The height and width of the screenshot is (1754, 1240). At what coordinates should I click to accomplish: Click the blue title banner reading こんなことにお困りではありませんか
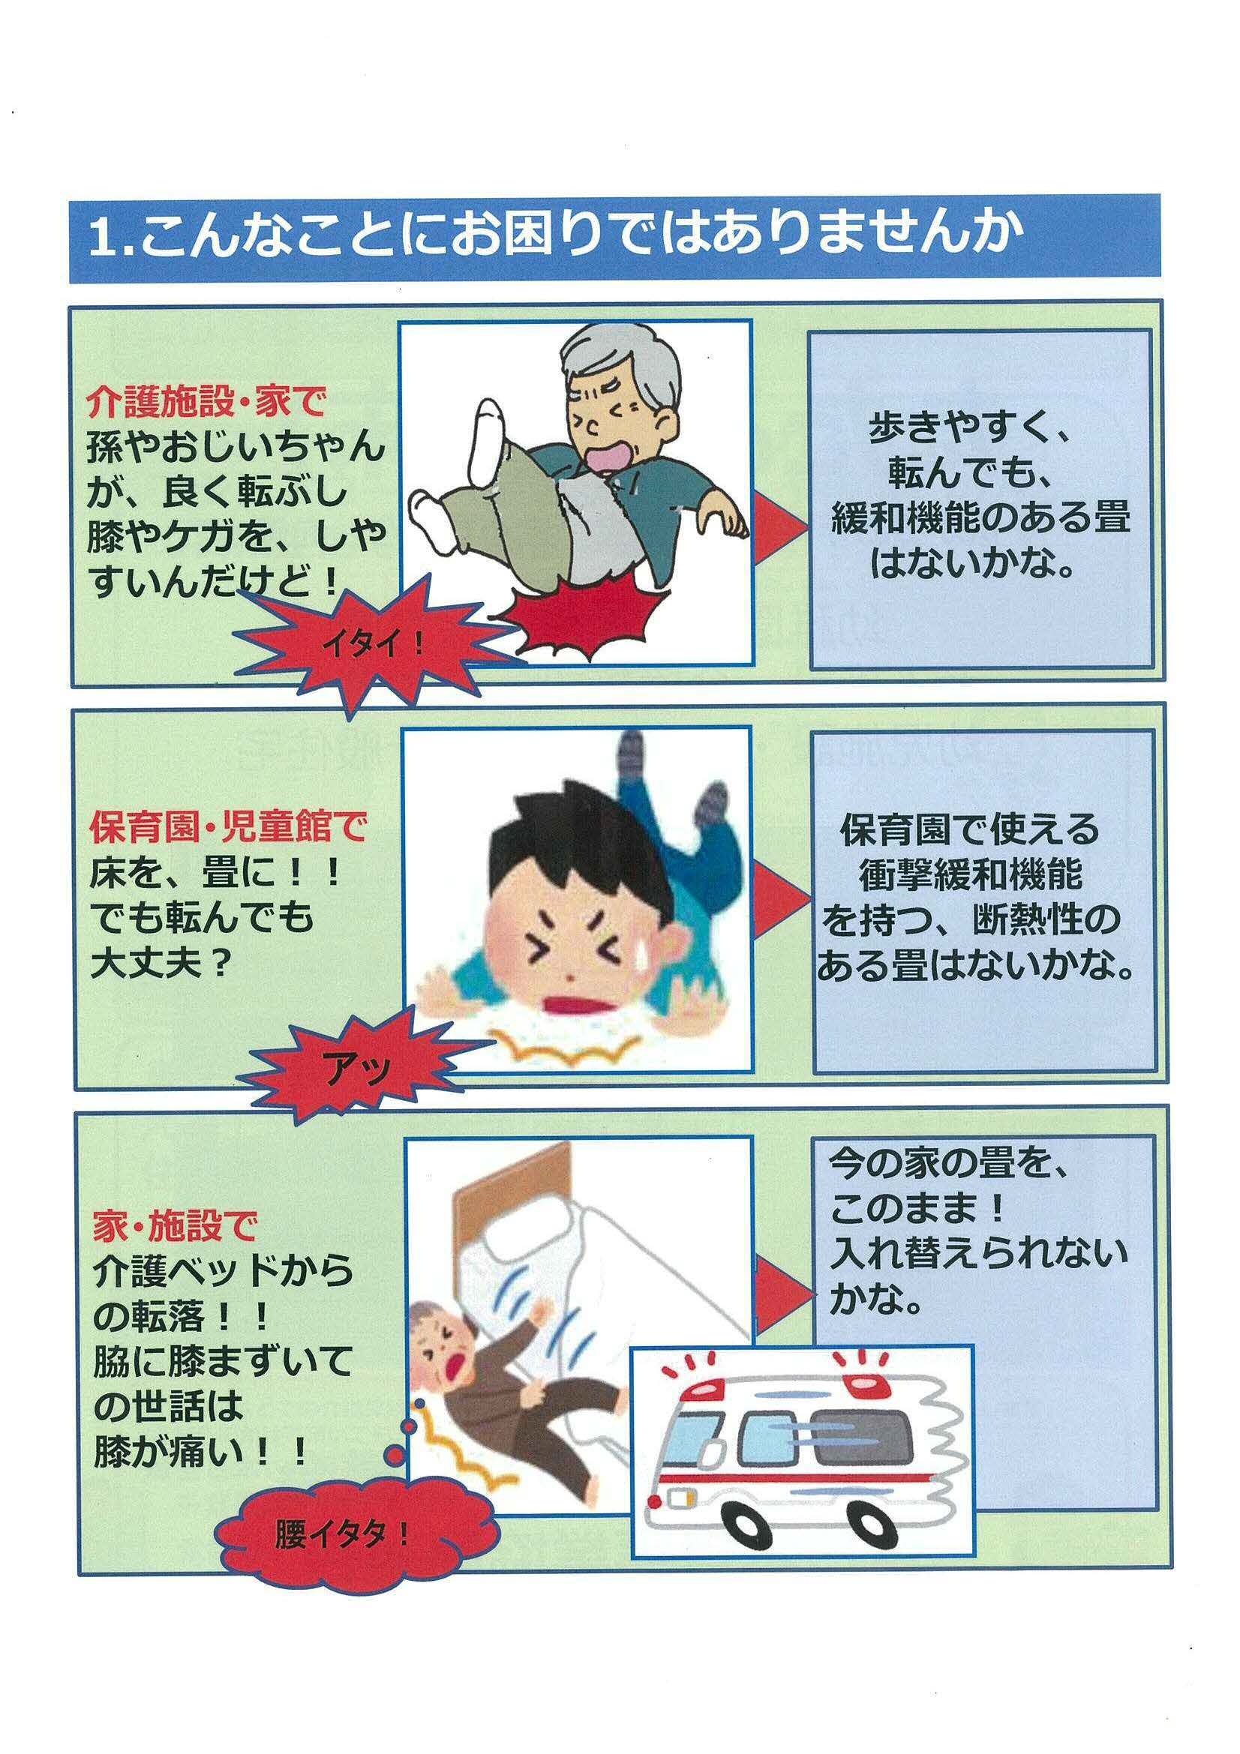point(614,238)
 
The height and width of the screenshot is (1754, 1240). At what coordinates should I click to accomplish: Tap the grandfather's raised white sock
point(487,439)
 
